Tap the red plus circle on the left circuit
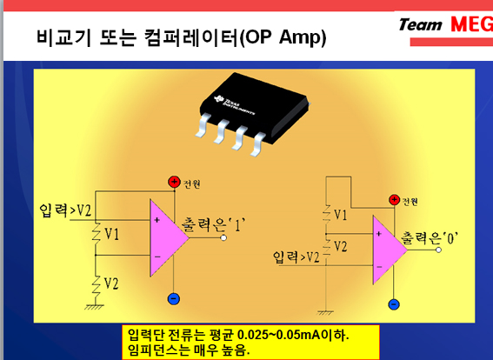pyautogui.click(x=174, y=182)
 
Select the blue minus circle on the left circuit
pyautogui.click(x=174, y=298)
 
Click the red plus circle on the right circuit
pyautogui.click(x=394, y=200)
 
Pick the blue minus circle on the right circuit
pyautogui.click(x=394, y=304)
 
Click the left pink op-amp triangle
pyautogui.click(x=167, y=238)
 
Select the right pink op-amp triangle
pyautogui.click(x=388, y=250)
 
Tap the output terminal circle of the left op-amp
pyautogui.click(x=223, y=237)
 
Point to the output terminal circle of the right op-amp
pyautogui.click(x=438, y=250)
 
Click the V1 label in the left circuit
pyautogui.click(x=111, y=234)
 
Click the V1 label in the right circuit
pyautogui.click(x=340, y=215)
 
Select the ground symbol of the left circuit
pyautogui.click(x=94, y=307)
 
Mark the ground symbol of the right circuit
pyautogui.click(x=325, y=312)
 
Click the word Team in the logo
pyautogui.click(x=420, y=25)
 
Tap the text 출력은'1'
pyautogui.click(x=213, y=224)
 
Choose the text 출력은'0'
pyautogui.click(x=430, y=238)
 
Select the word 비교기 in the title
pyautogui.click(x=63, y=37)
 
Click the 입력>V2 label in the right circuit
pyautogui.click(x=296, y=257)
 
